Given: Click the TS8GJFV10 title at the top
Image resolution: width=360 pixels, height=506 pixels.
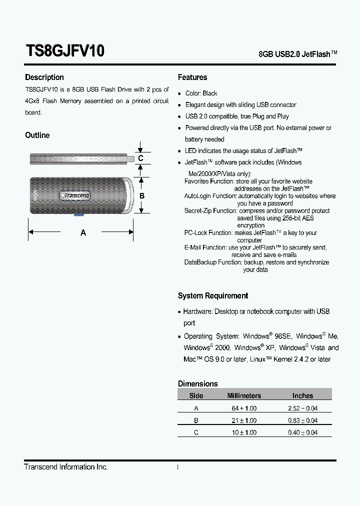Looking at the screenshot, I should pos(64,51).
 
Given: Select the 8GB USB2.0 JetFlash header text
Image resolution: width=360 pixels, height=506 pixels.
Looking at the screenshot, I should pos(297,54).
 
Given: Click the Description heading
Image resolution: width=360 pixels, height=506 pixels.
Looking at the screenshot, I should pos(44,77).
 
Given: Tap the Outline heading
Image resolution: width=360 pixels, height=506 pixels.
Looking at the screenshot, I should pos(37,135).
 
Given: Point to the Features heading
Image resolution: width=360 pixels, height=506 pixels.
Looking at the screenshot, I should pos(192,77).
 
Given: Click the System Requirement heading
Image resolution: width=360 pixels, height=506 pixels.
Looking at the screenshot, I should pos(213,295).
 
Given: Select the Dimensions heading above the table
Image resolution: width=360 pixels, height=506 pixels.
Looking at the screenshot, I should pos(198,383).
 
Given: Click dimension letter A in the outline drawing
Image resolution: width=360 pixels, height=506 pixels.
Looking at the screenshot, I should pos(83,232).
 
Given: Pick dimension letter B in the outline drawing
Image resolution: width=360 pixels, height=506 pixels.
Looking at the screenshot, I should pos(142,196).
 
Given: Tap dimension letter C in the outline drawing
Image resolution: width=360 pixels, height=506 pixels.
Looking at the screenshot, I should pos(141,158).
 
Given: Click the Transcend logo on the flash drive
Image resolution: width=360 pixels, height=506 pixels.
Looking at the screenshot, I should pos(75,196).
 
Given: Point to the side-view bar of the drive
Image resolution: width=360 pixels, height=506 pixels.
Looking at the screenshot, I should pos(80,159).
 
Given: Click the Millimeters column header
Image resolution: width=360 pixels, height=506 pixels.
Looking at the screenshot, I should pos(244,395).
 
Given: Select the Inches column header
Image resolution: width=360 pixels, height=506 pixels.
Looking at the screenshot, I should pos(302,395).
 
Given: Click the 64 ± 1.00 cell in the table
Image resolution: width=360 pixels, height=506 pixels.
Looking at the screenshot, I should pos(244,408).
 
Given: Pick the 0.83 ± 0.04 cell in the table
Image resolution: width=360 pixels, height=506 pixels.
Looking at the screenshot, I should pos(302,420).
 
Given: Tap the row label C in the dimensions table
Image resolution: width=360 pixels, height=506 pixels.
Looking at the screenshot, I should pos(196,432).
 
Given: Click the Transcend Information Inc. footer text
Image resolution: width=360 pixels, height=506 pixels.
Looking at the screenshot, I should pos(66,466).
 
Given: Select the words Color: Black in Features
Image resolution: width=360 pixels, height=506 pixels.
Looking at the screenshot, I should pos(201,93).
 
